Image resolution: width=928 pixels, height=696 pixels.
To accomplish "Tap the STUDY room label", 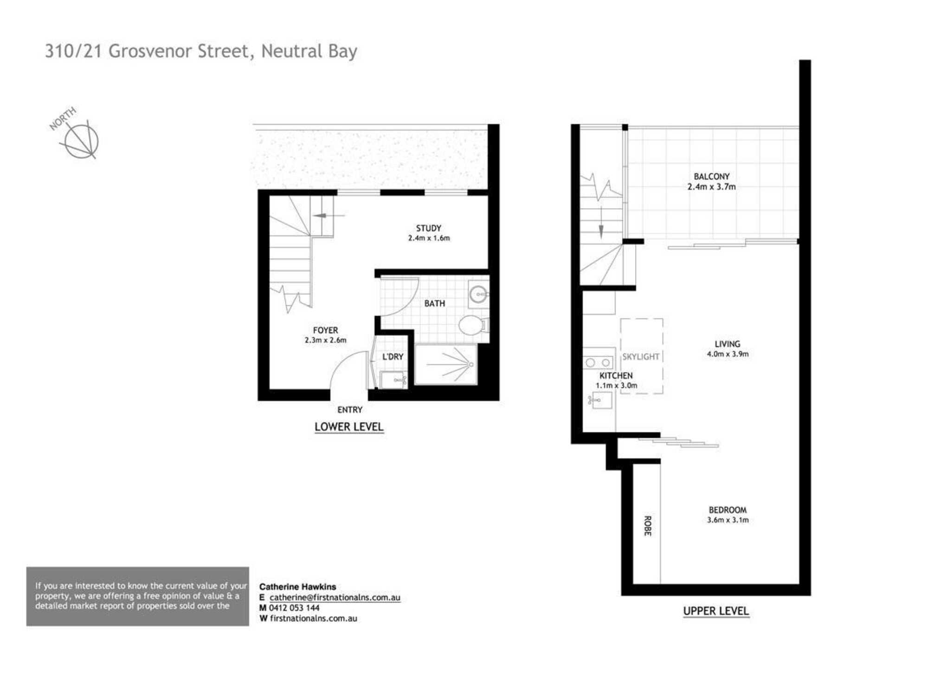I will click(428, 228).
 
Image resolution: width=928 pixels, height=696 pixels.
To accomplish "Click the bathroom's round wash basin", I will click(478, 294).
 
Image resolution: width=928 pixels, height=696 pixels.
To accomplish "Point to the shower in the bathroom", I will click(446, 364).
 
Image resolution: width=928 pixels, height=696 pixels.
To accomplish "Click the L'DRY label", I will click(393, 356).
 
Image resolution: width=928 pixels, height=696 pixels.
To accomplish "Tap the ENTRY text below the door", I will click(349, 410).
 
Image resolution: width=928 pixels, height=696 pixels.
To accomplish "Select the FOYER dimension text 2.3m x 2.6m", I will click(325, 340).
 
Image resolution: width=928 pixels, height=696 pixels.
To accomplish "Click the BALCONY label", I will click(711, 176).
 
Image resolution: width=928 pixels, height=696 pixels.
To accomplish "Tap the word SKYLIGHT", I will click(641, 356).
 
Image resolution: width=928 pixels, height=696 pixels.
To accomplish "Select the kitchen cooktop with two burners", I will click(598, 362).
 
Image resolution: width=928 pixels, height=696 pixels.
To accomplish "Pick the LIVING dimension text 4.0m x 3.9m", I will click(728, 354).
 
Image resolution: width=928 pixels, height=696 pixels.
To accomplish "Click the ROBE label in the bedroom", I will click(648, 526).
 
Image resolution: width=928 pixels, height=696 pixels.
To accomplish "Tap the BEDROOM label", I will click(728, 509).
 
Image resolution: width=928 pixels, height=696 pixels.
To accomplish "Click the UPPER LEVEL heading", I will click(716, 611).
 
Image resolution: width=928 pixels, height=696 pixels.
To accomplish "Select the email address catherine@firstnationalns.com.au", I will click(335, 598).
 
